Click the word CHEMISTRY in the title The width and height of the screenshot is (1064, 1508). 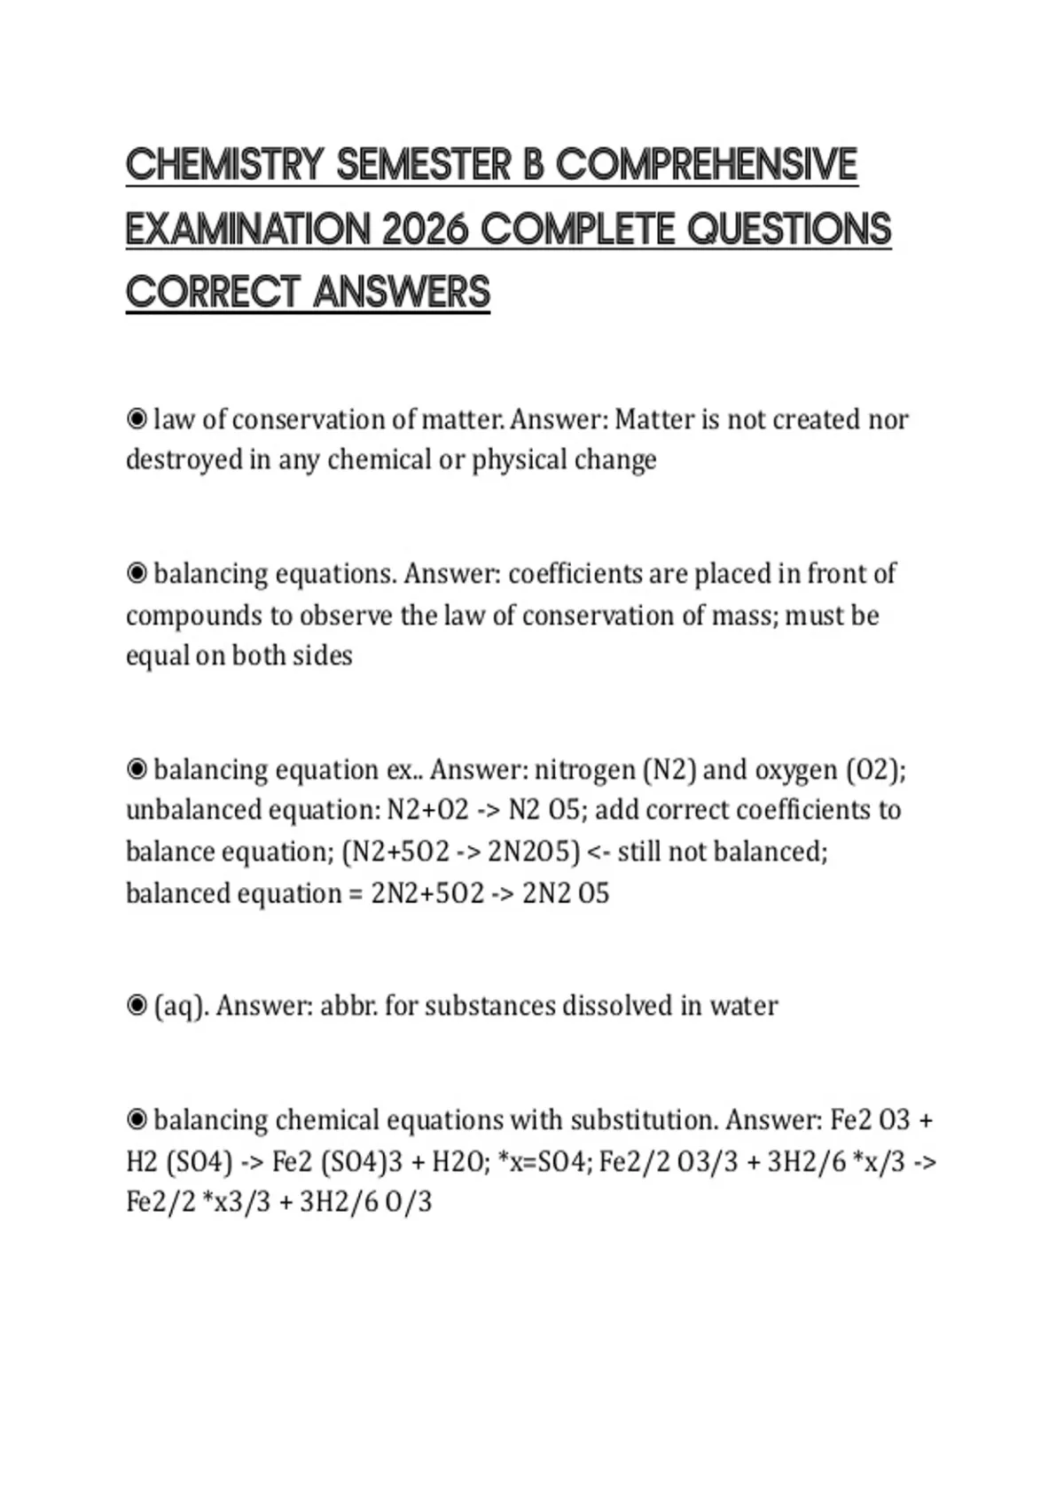point(225,165)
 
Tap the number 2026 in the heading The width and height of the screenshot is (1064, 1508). point(425,230)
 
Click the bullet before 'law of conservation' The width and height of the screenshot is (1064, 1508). point(137,419)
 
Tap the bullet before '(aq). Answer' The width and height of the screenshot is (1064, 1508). point(137,1006)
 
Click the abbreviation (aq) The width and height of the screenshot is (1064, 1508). point(181,1006)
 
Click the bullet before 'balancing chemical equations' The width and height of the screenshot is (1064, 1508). point(137,1119)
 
